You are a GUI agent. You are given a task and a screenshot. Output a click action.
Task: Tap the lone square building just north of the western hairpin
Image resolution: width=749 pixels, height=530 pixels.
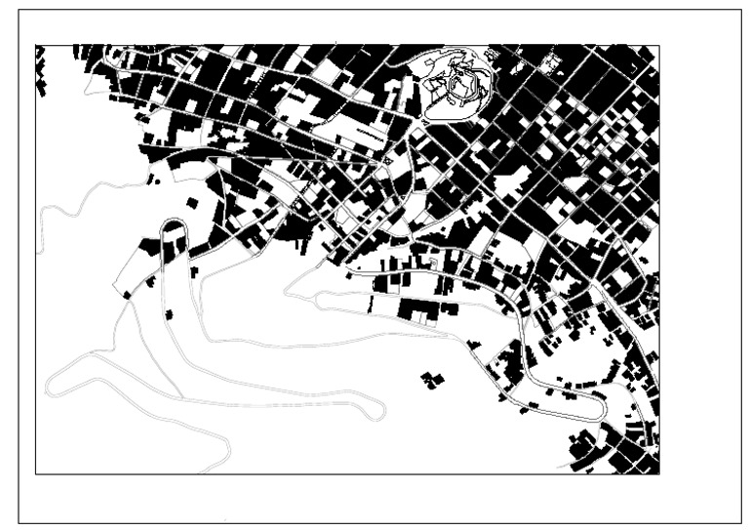(192, 203)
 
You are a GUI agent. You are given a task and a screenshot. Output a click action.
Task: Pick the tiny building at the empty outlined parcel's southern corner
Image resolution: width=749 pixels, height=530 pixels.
(127, 294)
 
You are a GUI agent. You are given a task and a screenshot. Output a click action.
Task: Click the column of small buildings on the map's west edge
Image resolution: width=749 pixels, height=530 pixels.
(41, 73)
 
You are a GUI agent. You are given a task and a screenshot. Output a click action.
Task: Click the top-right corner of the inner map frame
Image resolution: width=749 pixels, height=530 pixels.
(660, 45)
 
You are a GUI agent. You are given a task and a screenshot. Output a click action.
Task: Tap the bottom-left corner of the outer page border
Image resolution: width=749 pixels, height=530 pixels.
(19, 523)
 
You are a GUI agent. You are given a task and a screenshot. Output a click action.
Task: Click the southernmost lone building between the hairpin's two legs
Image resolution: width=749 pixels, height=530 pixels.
(170, 314)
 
